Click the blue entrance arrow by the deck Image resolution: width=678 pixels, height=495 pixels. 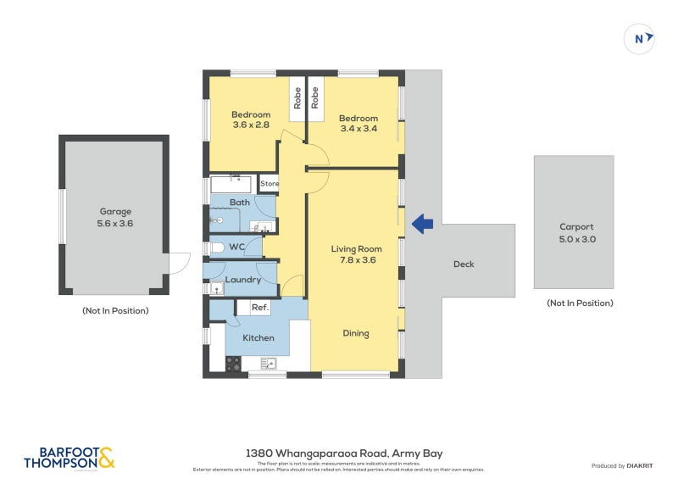tap(422, 224)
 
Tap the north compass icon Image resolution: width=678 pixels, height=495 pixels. tap(639, 38)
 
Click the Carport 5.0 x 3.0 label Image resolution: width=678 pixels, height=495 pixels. tap(575, 233)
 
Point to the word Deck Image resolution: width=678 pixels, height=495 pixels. tap(464, 264)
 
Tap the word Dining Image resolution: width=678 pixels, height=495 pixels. tap(356, 333)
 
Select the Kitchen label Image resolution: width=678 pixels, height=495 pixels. tap(258, 338)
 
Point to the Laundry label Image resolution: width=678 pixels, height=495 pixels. tap(242, 280)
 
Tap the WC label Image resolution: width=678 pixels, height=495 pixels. tap(237, 247)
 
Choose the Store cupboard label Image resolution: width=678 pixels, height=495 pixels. tap(270, 183)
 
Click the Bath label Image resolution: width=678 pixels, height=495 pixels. tap(239, 203)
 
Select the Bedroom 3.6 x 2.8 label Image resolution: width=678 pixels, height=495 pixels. tap(251, 120)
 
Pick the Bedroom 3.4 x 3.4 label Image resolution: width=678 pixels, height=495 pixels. tap(358, 124)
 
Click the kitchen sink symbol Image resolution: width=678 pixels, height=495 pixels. tap(269, 364)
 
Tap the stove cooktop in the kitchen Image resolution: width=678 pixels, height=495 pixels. tap(234, 364)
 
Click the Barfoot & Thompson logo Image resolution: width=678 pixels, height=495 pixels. tap(69, 458)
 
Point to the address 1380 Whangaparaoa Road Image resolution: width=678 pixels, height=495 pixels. tap(343, 453)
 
